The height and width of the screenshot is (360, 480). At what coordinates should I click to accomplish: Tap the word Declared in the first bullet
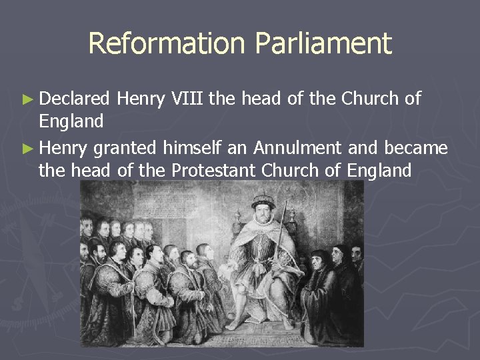[x=74, y=99]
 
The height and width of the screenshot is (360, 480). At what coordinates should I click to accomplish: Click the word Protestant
[x=214, y=171]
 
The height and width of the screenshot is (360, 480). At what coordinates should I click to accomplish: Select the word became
[x=416, y=147]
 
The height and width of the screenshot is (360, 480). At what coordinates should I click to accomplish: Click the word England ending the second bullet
[x=379, y=171]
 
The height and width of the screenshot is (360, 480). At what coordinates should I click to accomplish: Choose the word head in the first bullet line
[x=259, y=99]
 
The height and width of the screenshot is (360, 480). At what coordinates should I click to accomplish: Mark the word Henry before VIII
[x=137, y=99]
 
